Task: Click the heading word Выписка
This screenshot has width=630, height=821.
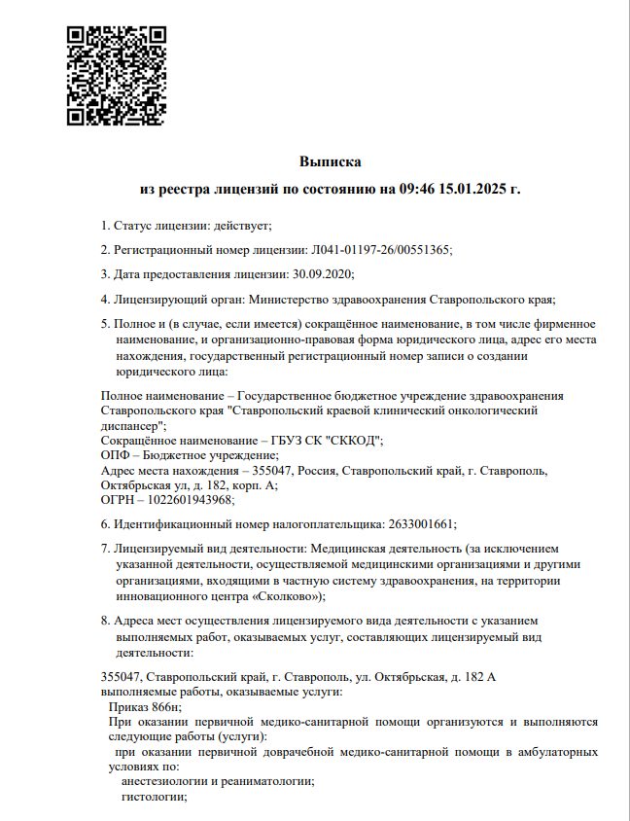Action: click(x=330, y=161)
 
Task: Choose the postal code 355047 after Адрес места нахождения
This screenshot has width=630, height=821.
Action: click(x=282, y=470)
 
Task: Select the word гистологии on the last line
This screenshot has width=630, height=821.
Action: click(x=153, y=797)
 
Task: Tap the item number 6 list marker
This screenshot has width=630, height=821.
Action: click(x=105, y=524)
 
